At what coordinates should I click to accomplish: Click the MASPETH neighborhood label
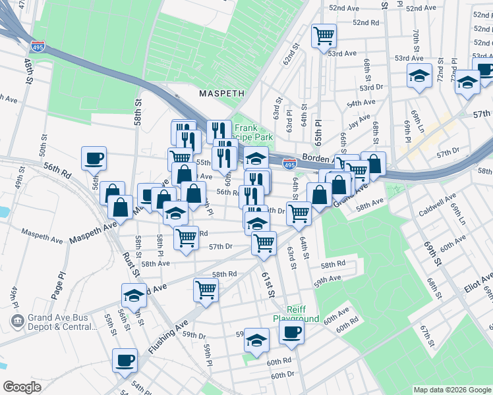pyautogui.click(x=222, y=94)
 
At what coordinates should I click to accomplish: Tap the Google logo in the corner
pyautogui.click(x=22, y=387)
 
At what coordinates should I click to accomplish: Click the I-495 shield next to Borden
pyautogui.click(x=289, y=162)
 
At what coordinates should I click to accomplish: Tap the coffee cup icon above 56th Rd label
pyautogui.click(x=93, y=157)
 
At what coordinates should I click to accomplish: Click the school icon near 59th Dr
pyautogui.click(x=256, y=340)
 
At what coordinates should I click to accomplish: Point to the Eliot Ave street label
pyautogui.click(x=478, y=281)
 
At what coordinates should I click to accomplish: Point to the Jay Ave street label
pyautogui.click(x=359, y=121)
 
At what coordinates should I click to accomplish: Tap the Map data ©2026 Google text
pyautogui.click(x=451, y=390)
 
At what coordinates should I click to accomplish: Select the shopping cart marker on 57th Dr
pyautogui.click(x=264, y=242)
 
